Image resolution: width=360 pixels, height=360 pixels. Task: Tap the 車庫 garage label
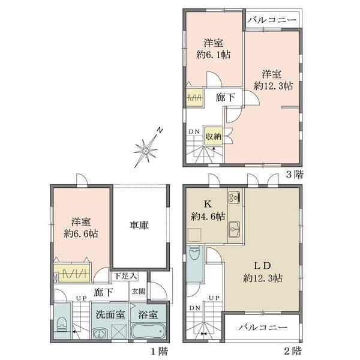tap(139, 226)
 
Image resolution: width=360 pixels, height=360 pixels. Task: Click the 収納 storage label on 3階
tap(214, 136)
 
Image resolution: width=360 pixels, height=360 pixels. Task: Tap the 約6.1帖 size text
tap(214, 56)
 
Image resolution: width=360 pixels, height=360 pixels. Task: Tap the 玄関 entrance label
tap(139, 291)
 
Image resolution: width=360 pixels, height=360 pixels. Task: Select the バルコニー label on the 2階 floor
tap(261, 328)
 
